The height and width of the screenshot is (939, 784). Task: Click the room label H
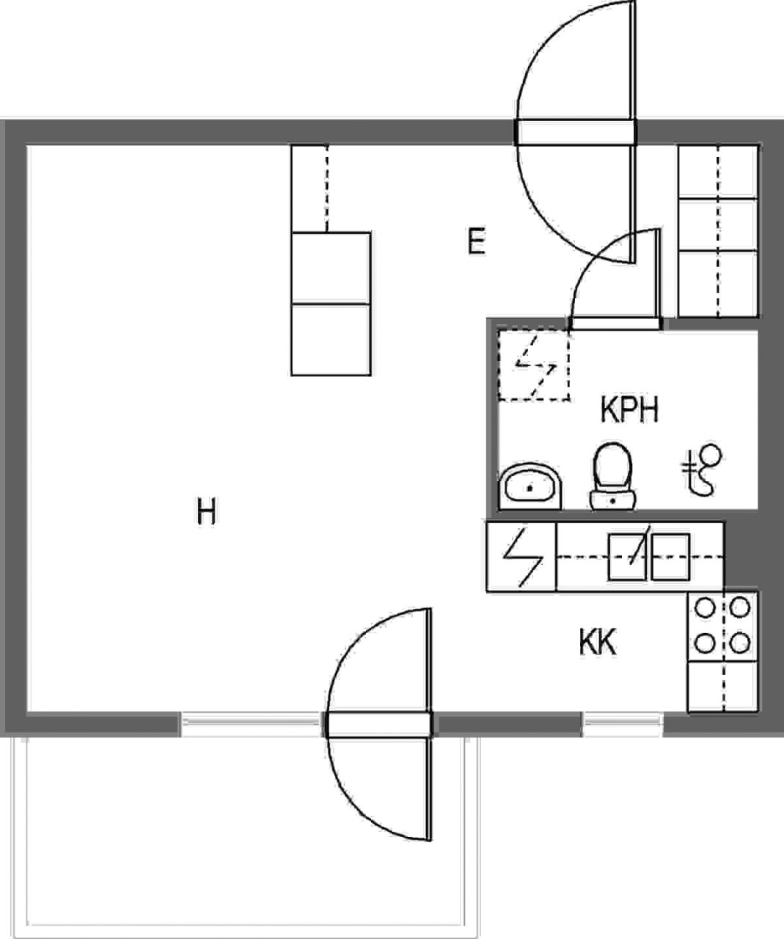click(206, 511)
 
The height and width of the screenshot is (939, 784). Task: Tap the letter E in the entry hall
click(477, 241)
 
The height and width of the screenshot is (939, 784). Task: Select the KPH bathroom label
click(629, 409)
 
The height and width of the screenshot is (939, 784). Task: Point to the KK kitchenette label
click(598, 642)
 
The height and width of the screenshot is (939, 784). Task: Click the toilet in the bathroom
click(612, 476)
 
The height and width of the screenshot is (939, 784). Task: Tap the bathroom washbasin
click(530, 486)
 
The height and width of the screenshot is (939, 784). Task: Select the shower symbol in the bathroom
click(702, 469)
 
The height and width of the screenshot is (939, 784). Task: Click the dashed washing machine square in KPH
click(534, 365)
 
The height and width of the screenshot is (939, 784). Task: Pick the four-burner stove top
click(722, 626)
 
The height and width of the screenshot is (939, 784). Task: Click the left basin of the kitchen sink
click(627, 556)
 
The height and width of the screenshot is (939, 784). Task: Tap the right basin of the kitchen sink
click(670, 556)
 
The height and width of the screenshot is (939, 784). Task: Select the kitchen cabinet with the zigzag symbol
click(521, 556)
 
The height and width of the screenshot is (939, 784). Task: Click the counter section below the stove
click(722, 687)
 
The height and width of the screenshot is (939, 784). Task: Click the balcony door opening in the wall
click(378, 724)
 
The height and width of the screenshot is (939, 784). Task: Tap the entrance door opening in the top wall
click(576, 132)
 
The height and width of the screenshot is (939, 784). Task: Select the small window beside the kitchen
click(623, 724)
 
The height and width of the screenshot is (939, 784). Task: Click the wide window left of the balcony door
click(252, 724)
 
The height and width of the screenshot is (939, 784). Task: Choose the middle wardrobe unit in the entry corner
click(718, 224)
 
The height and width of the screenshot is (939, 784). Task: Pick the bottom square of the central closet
click(331, 340)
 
